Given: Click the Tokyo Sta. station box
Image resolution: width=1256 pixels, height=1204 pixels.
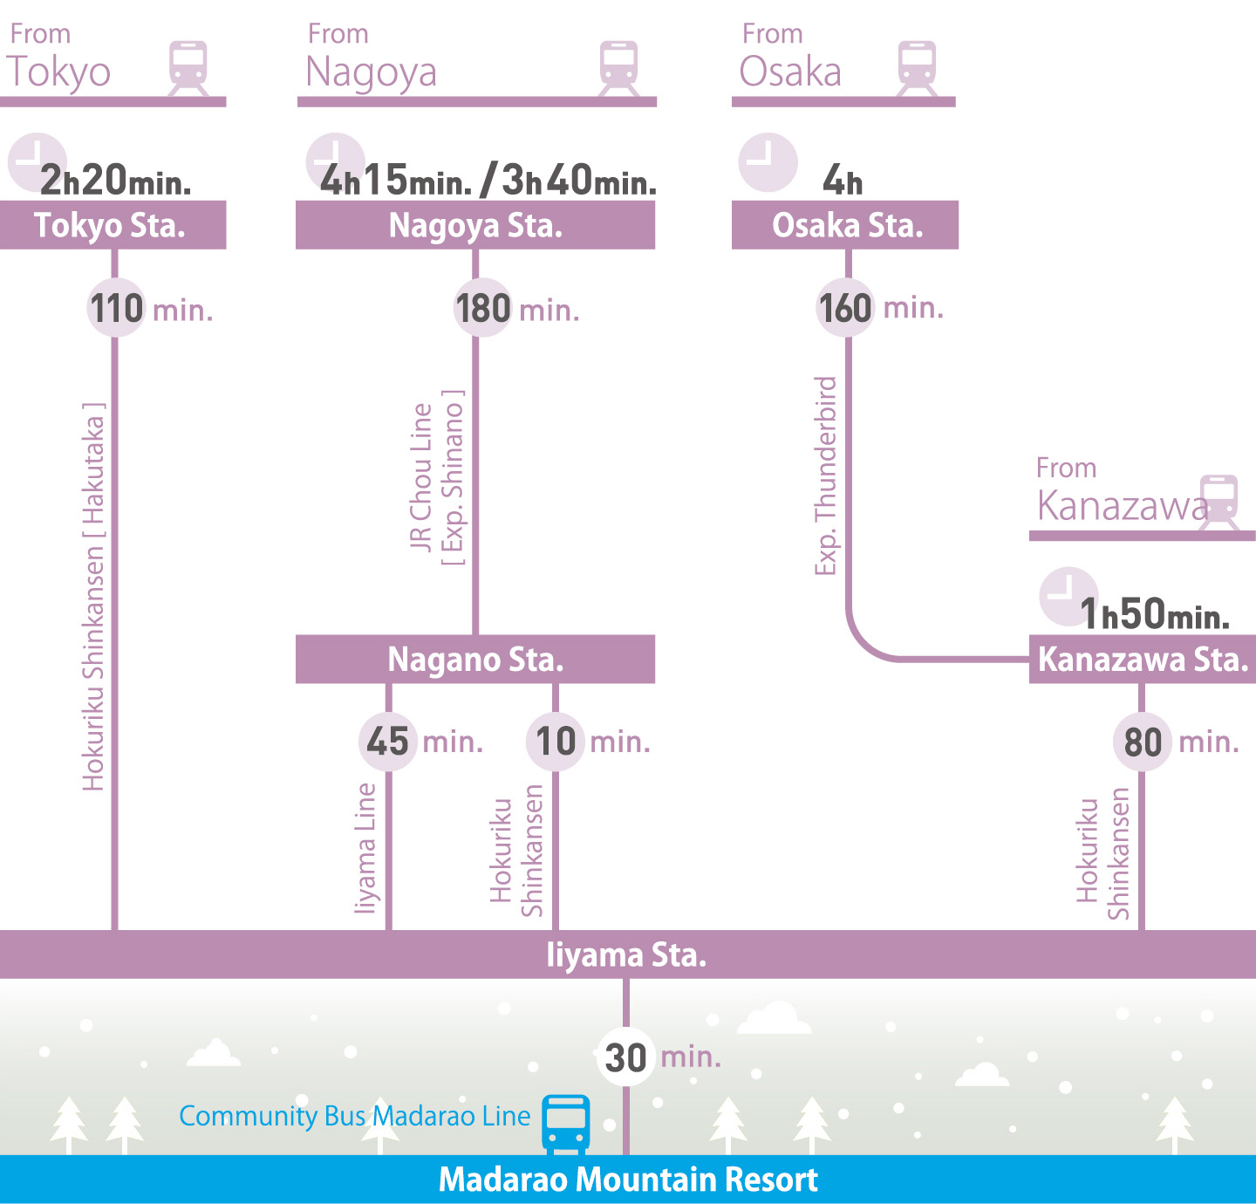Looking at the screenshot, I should click(x=113, y=225).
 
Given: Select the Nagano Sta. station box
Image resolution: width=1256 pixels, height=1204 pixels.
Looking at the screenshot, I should click(x=475, y=660).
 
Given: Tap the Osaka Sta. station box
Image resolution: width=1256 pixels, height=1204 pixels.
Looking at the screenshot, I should click(x=845, y=225).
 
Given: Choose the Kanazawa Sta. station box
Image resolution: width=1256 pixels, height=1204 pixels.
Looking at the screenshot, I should click(x=1143, y=660).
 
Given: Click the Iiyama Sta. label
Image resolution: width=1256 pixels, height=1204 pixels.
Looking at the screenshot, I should click(x=626, y=954).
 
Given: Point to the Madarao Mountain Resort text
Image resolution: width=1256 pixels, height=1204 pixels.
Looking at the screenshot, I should click(x=628, y=1180).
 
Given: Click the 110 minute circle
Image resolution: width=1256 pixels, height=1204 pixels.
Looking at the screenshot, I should click(x=116, y=308).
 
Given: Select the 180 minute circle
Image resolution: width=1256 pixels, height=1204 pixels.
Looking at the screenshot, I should click(x=482, y=308).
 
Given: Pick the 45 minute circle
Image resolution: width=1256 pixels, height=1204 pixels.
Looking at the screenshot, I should click(x=387, y=742).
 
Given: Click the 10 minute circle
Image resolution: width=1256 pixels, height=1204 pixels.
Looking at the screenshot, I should click(x=555, y=742).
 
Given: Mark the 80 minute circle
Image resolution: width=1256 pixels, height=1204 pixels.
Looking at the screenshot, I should click(x=1142, y=742).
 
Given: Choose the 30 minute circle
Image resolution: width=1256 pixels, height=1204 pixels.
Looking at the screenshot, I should click(x=625, y=1057).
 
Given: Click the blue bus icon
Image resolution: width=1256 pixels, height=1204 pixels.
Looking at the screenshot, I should click(x=566, y=1123).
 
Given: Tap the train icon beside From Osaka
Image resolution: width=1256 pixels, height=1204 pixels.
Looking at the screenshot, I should click(x=917, y=65).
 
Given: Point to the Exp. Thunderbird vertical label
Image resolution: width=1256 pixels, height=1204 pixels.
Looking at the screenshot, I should click(x=825, y=475).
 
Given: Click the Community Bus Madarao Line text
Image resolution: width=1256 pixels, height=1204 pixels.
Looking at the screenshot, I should click(x=354, y=1116).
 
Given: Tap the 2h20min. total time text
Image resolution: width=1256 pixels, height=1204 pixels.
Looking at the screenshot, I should click(x=115, y=181).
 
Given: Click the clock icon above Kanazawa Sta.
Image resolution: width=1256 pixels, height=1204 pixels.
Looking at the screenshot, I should click(x=1068, y=596).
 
